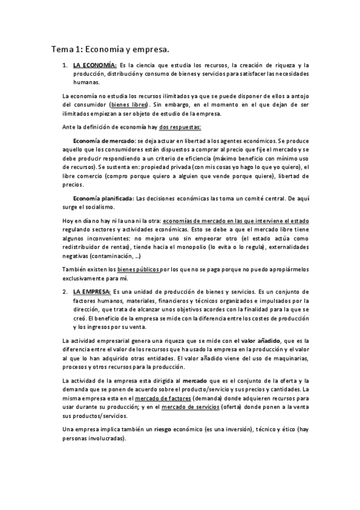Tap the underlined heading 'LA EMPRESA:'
92,290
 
